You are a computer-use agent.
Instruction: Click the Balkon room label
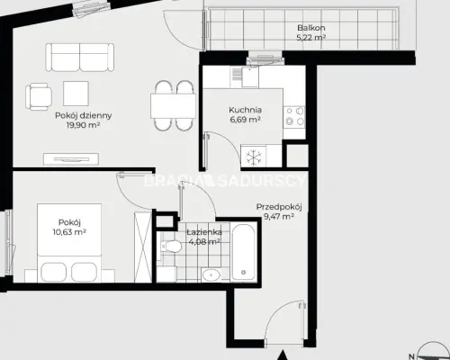(x=311, y=28)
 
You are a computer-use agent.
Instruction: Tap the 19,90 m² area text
(x=83, y=125)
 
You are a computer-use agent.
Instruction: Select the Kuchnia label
(x=245, y=110)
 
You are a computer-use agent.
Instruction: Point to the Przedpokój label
(x=279, y=207)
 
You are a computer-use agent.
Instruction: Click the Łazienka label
(x=204, y=232)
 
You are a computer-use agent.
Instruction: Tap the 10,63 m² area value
(x=69, y=232)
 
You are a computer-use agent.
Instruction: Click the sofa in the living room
(x=80, y=58)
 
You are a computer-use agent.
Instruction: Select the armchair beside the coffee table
(x=39, y=96)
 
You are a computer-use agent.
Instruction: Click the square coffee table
(x=76, y=94)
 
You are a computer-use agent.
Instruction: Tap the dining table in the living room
(x=174, y=106)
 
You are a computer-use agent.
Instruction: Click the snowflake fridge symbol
(x=254, y=157)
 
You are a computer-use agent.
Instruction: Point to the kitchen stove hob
(x=294, y=117)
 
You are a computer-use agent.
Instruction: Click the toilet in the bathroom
(x=170, y=247)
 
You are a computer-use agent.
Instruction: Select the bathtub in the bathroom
(x=244, y=253)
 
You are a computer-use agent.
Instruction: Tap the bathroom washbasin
(x=211, y=274)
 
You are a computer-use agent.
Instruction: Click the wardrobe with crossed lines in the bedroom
(x=143, y=247)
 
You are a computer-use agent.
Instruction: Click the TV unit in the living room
(x=71, y=158)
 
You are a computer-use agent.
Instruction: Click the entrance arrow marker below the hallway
(x=282, y=355)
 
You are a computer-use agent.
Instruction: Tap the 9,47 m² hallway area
(x=278, y=216)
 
